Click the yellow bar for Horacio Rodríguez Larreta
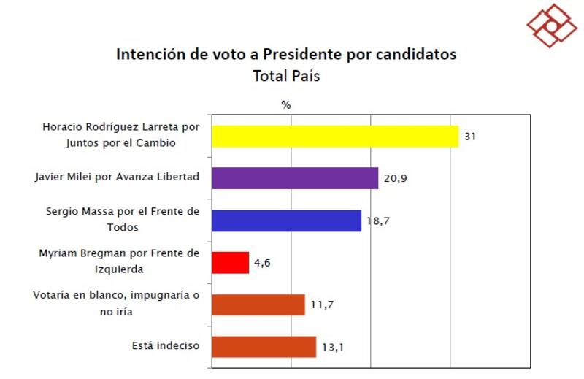coord(335,137)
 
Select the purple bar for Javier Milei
coord(295,178)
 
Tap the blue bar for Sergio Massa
coord(286,221)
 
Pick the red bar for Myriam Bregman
coord(230,262)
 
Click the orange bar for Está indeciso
coord(264,346)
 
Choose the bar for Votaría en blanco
coord(258,305)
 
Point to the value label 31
coord(470,137)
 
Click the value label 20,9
coord(396,178)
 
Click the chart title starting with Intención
coord(286,54)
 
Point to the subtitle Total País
coord(286,76)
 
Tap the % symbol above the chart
coord(286,104)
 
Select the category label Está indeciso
coord(166,345)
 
